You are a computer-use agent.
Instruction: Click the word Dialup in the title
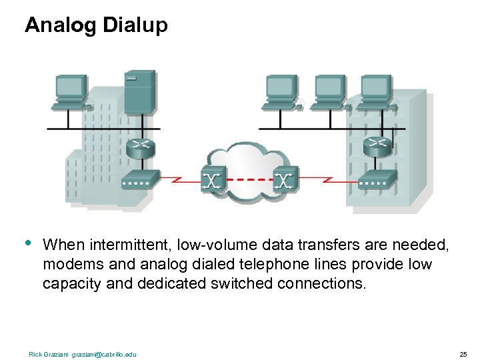[136, 26]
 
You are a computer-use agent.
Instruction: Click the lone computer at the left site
[70, 91]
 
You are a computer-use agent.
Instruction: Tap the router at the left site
[141, 147]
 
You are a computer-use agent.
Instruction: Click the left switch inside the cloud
[213, 179]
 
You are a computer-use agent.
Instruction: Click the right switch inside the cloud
[285, 179]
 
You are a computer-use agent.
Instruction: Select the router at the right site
[377, 145]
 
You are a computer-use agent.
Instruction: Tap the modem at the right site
[377, 178]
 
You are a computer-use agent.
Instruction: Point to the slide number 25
[463, 353]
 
